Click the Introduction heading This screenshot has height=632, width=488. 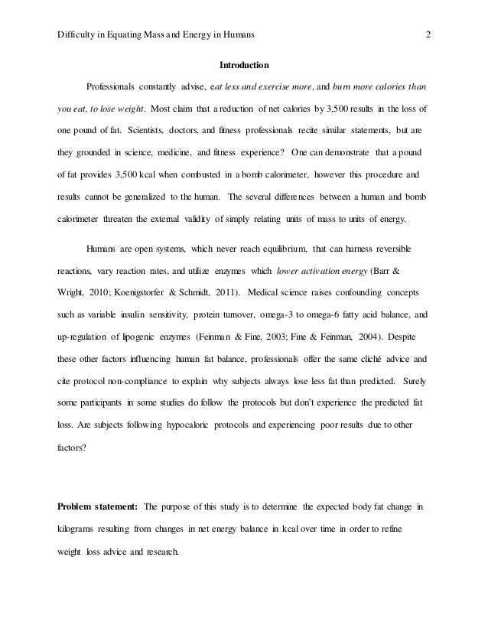(244, 64)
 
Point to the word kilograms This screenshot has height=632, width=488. (83, 528)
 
